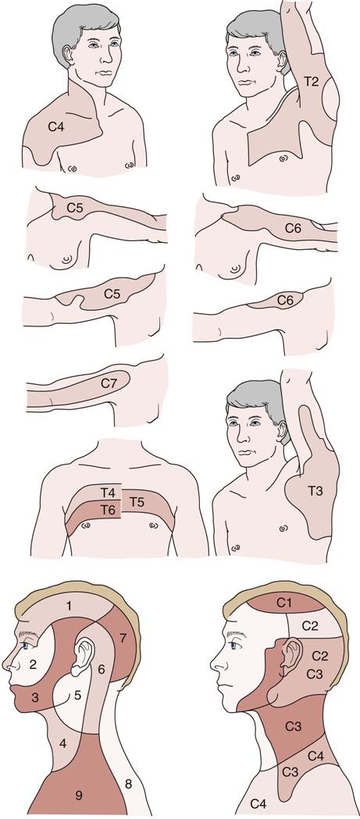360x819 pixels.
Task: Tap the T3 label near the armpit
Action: tap(315, 490)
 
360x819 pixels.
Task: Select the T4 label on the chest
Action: tap(108, 492)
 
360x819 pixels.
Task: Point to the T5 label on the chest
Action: tap(137, 502)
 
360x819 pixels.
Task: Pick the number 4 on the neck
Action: tap(63, 744)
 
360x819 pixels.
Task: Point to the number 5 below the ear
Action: tap(77, 695)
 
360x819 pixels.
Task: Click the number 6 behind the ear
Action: tap(102, 668)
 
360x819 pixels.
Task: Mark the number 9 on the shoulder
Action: tap(78, 796)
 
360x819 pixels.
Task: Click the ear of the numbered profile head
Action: tap(83, 656)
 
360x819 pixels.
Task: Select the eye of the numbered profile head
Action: tap(26, 646)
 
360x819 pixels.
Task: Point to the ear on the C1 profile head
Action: tap(291, 656)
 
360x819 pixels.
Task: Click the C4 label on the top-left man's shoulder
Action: tap(56, 126)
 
